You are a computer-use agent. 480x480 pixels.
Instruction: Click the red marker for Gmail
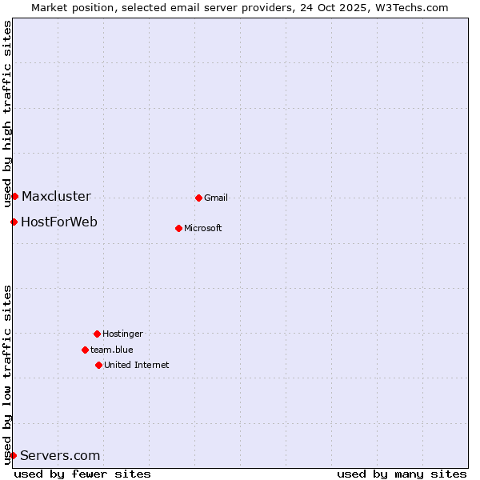coord(198,198)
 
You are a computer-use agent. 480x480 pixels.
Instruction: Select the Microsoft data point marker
coord(178,228)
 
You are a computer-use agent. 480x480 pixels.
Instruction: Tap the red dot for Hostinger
coord(97,334)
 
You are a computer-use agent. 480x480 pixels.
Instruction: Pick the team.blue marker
coord(85,350)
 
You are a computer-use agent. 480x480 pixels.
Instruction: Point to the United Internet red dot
coord(98,365)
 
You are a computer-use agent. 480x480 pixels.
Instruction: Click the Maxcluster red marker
coord(14,196)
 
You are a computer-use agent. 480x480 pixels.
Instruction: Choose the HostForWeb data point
coord(14,222)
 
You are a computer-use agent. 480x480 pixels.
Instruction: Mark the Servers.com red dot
coord(13,455)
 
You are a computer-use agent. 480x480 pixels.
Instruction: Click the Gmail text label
coord(216,198)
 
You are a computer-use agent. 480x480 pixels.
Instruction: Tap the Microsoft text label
coord(203,228)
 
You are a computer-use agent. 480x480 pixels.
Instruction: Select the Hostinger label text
coord(122,334)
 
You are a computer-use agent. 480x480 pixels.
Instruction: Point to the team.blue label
coord(112,350)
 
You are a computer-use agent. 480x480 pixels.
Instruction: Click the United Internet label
coord(137,365)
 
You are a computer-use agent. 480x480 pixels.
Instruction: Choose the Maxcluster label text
coord(56,196)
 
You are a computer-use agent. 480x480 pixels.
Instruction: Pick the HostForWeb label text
coord(59,222)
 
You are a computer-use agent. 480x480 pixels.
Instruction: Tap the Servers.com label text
coord(60,455)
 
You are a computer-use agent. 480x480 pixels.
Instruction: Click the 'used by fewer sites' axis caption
coord(82,474)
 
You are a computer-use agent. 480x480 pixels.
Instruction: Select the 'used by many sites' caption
coord(402,474)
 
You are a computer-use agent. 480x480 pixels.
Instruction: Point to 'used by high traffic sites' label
coord(8,114)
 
